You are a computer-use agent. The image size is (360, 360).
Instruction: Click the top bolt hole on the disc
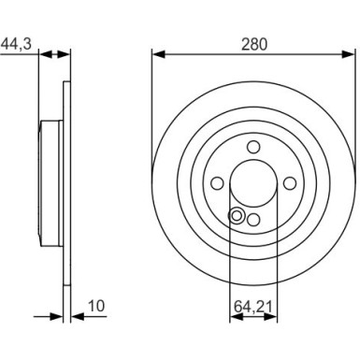[252, 146]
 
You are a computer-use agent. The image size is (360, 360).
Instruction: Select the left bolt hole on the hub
[217, 183]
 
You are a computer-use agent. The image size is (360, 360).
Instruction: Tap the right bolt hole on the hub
[288, 183]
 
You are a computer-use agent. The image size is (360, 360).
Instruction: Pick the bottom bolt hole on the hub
[252, 219]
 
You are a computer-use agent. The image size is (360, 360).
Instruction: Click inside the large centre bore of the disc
[252, 183]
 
